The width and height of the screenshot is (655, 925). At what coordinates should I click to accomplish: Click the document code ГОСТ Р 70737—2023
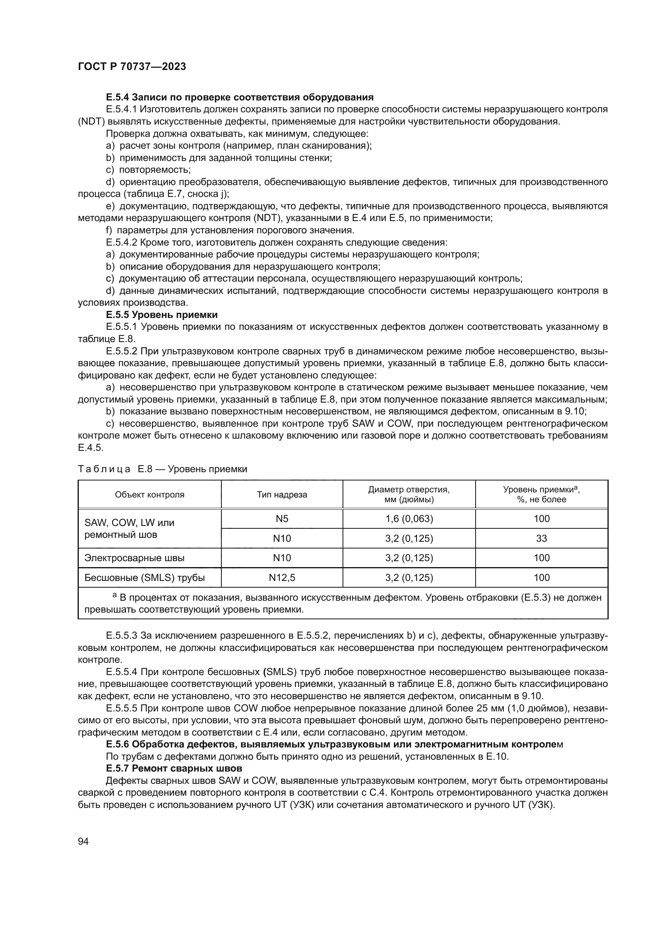tap(132, 67)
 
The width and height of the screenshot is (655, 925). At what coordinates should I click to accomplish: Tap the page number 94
tap(83, 841)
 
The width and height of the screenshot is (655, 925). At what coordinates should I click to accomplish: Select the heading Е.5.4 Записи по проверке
tap(240, 97)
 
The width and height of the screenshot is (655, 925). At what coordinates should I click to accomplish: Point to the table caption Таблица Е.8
tap(162, 469)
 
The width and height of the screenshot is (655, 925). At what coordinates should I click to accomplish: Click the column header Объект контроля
tap(150, 495)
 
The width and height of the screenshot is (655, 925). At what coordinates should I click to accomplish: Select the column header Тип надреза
tap(282, 495)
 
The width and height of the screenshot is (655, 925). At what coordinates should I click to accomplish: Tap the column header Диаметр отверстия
tap(409, 494)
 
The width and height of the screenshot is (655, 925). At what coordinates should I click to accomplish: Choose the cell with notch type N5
tap(282, 518)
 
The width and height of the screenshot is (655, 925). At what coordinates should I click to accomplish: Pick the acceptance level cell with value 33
tap(541, 538)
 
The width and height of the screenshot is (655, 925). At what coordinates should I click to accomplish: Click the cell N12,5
tap(282, 578)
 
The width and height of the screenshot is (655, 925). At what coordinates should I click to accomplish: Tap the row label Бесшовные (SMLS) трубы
tap(145, 578)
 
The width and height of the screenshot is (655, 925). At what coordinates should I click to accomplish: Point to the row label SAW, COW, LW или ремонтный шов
tap(129, 529)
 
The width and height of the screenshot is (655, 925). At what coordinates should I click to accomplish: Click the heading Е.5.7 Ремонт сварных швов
tap(174, 768)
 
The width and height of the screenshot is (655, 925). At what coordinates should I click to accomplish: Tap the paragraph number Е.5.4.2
tap(122, 242)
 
